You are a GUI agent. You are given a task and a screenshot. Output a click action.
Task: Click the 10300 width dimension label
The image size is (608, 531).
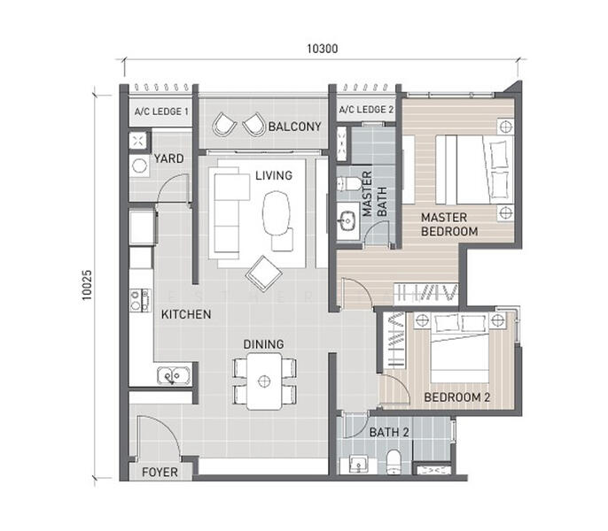[323, 49]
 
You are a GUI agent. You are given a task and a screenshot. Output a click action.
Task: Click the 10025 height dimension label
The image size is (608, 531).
[87, 285]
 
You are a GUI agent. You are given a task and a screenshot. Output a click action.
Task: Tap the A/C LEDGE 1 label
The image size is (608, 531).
[161, 112]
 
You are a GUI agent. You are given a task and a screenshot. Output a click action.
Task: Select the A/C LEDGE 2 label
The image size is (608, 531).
[366, 110]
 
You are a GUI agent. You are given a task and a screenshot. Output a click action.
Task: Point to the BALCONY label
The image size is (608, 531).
[294, 127]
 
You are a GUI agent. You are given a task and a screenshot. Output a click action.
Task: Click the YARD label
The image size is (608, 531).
[168, 158]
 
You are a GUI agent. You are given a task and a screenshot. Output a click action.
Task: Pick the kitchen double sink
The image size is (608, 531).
[174, 375]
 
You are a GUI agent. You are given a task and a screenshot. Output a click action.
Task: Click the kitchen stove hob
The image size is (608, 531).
[140, 300]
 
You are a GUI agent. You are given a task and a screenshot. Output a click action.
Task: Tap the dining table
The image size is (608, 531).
[264, 381]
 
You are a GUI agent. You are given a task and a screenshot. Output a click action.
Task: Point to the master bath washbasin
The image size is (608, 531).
[347, 220]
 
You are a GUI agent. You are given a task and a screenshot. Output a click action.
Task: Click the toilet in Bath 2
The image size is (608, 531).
[394, 462]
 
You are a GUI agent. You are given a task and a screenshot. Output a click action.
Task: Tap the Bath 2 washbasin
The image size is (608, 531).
[358, 464]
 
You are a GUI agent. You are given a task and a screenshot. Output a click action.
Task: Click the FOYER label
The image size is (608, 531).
[160, 472]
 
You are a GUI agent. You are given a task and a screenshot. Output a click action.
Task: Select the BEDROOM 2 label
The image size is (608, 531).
[457, 397]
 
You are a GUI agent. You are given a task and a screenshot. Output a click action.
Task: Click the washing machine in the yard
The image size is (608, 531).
[139, 165]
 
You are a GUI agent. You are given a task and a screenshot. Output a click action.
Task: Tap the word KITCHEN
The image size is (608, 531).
[186, 314]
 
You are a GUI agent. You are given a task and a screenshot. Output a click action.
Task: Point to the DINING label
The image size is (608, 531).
[264, 344]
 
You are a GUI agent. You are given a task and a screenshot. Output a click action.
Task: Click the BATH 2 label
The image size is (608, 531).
[389, 432]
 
